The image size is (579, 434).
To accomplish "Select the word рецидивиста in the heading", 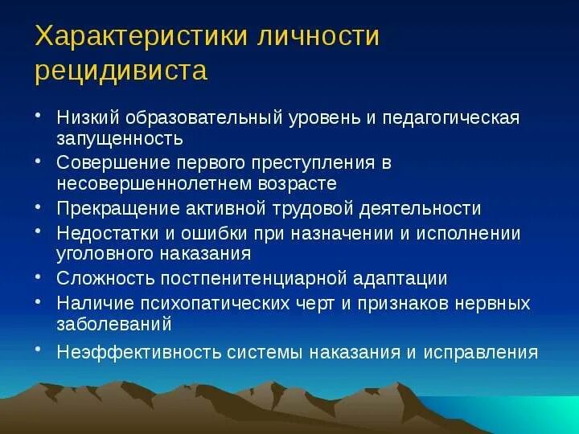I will pyautogui.click(x=121, y=71).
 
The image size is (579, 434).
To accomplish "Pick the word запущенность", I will pyautogui.click(x=114, y=138).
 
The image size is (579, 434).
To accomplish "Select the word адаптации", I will pyautogui.click(x=401, y=279).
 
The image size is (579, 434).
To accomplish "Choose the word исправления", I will pyautogui.click(x=487, y=351).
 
